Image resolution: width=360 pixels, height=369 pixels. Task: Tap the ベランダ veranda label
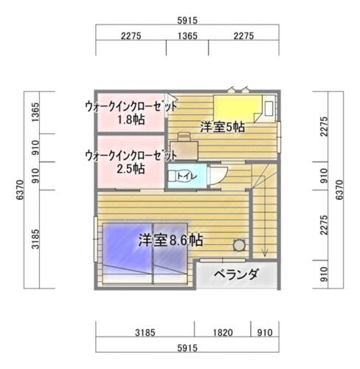click(236, 274)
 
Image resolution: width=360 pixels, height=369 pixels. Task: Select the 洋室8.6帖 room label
click(170, 240)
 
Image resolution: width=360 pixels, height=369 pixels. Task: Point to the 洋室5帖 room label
click(222, 127)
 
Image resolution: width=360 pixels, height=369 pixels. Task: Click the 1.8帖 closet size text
click(131, 120)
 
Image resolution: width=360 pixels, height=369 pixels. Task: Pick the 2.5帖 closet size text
click(131, 169)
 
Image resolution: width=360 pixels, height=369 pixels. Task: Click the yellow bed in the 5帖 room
click(238, 108)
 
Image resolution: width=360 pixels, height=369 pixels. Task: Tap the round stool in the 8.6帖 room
click(239, 245)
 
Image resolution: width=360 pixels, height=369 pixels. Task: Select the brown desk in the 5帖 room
click(184, 151)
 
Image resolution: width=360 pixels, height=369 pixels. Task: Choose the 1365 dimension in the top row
click(187, 36)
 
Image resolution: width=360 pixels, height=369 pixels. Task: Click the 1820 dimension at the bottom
click(223, 333)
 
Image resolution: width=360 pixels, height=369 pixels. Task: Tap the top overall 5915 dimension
click(187, 21)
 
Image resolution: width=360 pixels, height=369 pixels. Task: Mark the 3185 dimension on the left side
click(35, 239)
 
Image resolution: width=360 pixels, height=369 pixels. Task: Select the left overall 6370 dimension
click(20, 190)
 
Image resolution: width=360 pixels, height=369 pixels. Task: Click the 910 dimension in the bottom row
click(265, 333)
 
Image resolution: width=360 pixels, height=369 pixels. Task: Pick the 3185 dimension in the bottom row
click(145, 333)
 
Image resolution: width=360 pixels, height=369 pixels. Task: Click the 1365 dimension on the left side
click(35, 112)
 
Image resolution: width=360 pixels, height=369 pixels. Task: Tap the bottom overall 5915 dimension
click(187, 348)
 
